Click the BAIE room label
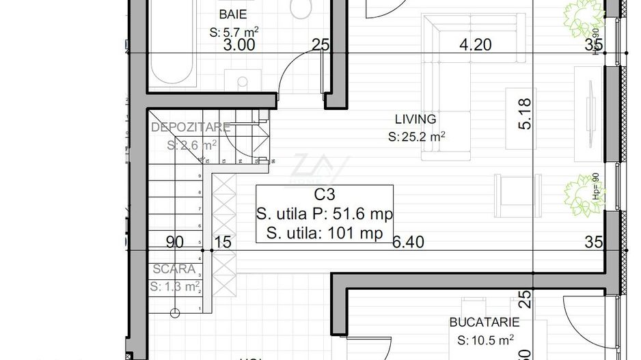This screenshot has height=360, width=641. tap(233, 14)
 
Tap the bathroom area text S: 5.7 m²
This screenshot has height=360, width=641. tap(234, 32)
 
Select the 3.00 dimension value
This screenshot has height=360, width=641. tap(239, 46)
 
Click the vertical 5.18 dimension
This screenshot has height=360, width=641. tap(525, 114)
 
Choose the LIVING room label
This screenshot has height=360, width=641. tap(416, 120)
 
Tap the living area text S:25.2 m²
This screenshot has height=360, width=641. tap(416, 137)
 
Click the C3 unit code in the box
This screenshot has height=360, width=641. tap(325, 195)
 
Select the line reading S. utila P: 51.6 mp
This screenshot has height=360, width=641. tap(325, 214)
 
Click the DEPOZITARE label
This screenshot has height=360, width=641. tap(191, 128)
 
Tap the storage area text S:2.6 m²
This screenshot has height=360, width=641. tap(192, 145)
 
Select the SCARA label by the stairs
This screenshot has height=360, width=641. tap(174, 269)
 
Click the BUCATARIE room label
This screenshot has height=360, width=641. tap(485, 322)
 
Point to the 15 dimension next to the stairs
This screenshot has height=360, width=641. tap(223, 242)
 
